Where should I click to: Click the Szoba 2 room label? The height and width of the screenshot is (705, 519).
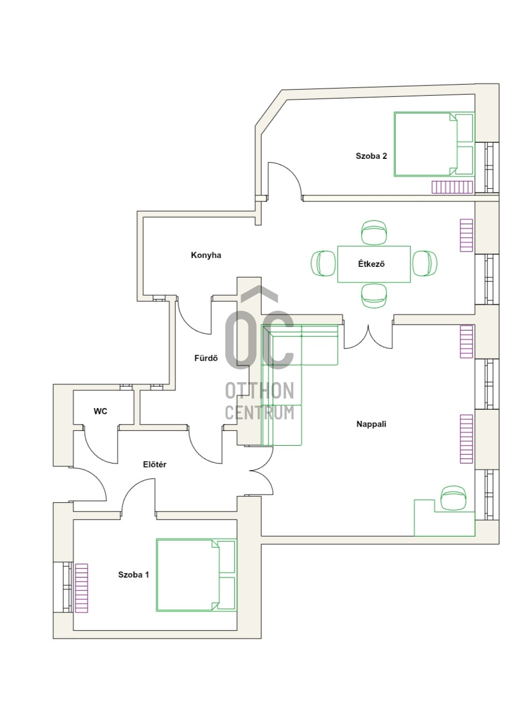pyautogui.click(x=371, y=156)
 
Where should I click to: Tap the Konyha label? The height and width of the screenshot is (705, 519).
pyautogui.click(x=206, y=255)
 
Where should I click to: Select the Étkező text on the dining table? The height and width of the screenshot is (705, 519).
pyautogui.click(x=371, y=264)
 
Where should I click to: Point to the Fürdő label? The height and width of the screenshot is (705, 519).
pyautogui.click(x=206, y=358)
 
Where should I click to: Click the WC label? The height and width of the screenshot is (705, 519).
pyautogui.click(x=100, y=411)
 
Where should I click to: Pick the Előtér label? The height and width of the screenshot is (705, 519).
pyautogui.click(x=155, y=464)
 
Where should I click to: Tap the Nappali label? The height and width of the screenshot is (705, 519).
pyautogui.click(x=371, y=424)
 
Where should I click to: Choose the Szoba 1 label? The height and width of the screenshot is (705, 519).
pyautogui.click(x=133, y=574)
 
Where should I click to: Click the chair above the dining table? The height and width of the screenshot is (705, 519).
pyautogui.click(x=374, y=233)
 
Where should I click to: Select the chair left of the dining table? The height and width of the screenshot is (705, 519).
pyautogui.click(x=323, y=264)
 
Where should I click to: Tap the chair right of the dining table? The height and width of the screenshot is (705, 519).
pyautogui.click(x=425, y=264)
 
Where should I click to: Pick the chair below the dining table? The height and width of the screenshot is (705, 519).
pyautogui.click(x=374, y=296)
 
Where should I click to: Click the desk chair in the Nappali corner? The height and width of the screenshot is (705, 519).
pyautogui.click(x=454, y=497)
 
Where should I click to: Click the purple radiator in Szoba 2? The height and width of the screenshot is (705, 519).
pyautogui.click(x=452, y=187)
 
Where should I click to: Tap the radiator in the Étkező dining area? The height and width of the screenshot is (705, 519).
pyautogui.click(x=466, y=235)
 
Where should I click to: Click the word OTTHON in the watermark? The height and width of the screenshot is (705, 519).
pyautogui.click(x=259, y=390)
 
